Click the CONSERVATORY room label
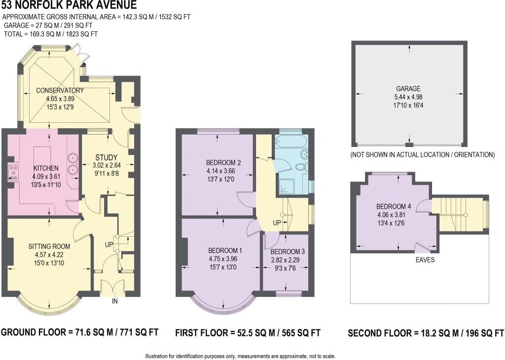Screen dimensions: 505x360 click(60, 90)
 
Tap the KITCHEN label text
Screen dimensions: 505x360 click(46, 168)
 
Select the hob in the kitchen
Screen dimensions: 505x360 click(13, 172)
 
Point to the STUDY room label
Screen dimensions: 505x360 click(107, 157)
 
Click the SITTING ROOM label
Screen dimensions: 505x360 click(49, 247)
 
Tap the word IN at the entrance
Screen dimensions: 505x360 click(114, 301)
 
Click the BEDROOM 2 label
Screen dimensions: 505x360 click(223, 163)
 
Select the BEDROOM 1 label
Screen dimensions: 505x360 click(225, 251)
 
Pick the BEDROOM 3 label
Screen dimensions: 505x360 click(288, 252)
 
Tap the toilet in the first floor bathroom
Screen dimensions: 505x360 click(301, 167)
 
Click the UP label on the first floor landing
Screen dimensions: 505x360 click(277, 223)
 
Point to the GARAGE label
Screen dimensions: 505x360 click(408, 89)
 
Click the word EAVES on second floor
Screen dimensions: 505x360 click(425, 260)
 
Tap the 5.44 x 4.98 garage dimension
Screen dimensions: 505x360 click(408, 97)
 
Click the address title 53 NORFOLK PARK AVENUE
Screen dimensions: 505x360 click(69, 4)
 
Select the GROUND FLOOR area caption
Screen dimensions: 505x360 click(80, 332)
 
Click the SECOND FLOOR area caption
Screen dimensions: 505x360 click(426, 332)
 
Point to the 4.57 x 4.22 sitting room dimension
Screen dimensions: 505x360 click(49, 254)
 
